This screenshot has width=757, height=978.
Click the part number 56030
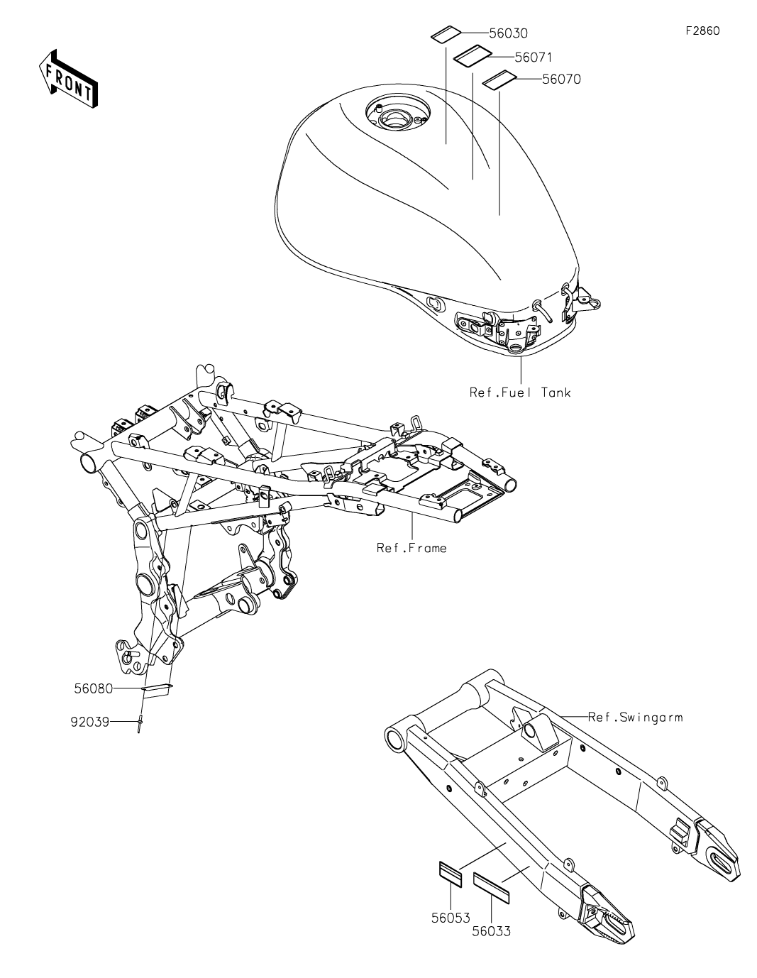[x=509, y=33]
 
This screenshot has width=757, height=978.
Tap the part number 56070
[x=561, y=79]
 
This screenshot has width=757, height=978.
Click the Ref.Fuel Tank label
[x=520, y=392]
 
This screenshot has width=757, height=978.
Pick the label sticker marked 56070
[x=499, y=80]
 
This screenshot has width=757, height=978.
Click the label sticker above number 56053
[x=448, y=872]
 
